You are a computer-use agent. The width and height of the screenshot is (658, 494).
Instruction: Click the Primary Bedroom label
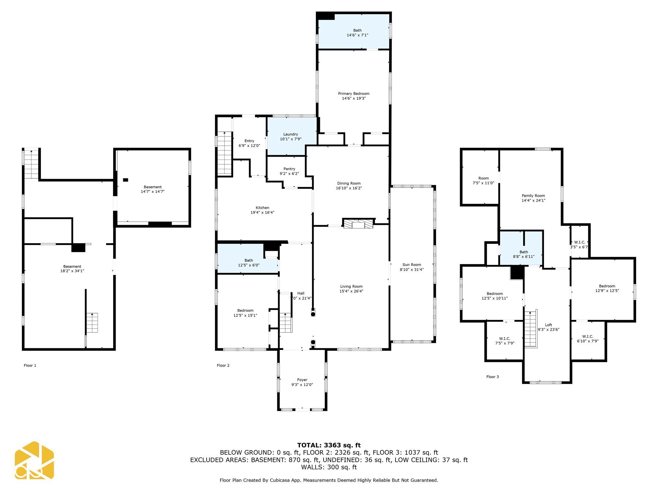click(x=353, y=94)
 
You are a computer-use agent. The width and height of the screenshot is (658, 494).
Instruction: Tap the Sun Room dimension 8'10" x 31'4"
click(x=412, y=270)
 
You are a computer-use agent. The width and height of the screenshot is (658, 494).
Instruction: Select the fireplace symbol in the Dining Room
click(x=358, y=224)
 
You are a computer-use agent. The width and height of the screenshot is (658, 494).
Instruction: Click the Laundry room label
click(x=290, y=134)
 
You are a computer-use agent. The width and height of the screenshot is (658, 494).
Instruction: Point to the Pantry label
click(x=289, y=169)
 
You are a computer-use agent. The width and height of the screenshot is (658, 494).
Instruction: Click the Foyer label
click(x=302, y=380)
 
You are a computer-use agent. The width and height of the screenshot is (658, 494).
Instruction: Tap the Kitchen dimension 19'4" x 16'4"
click(x=262, y=212)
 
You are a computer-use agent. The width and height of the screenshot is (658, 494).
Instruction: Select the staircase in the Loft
click(x=531, y=329)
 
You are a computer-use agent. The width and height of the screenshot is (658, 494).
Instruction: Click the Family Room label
click(x=533, y=196)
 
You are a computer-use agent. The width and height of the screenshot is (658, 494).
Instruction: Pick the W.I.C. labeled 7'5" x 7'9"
click(x=504, y=341)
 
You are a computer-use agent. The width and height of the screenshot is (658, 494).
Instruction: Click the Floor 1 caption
click(x=30, y=365)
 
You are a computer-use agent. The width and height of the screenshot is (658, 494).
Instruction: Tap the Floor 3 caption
click(x=492, y=377)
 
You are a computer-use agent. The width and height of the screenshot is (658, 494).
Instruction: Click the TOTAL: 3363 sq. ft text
click(x=329, y=445)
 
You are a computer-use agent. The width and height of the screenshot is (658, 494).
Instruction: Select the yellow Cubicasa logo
click(x=34, y=460)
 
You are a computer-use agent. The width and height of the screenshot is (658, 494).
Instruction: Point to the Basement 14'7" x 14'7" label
click(x=153, y=189)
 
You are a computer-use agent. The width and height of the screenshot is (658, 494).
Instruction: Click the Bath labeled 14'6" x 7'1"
click(x=357, y=33)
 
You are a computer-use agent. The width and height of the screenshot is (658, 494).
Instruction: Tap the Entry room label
click(x=249, y=141)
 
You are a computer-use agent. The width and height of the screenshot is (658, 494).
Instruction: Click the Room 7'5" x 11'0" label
click(x=483, y=178)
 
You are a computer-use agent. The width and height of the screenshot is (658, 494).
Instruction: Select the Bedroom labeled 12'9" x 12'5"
click(x=607, y=288)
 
